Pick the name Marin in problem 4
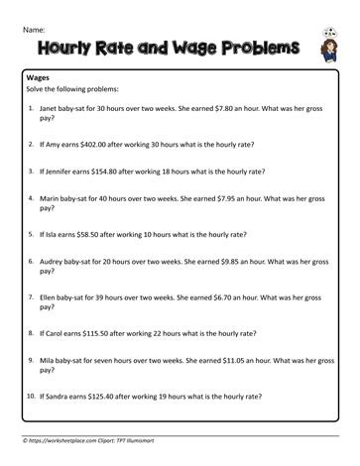52,198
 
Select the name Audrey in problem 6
54,264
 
